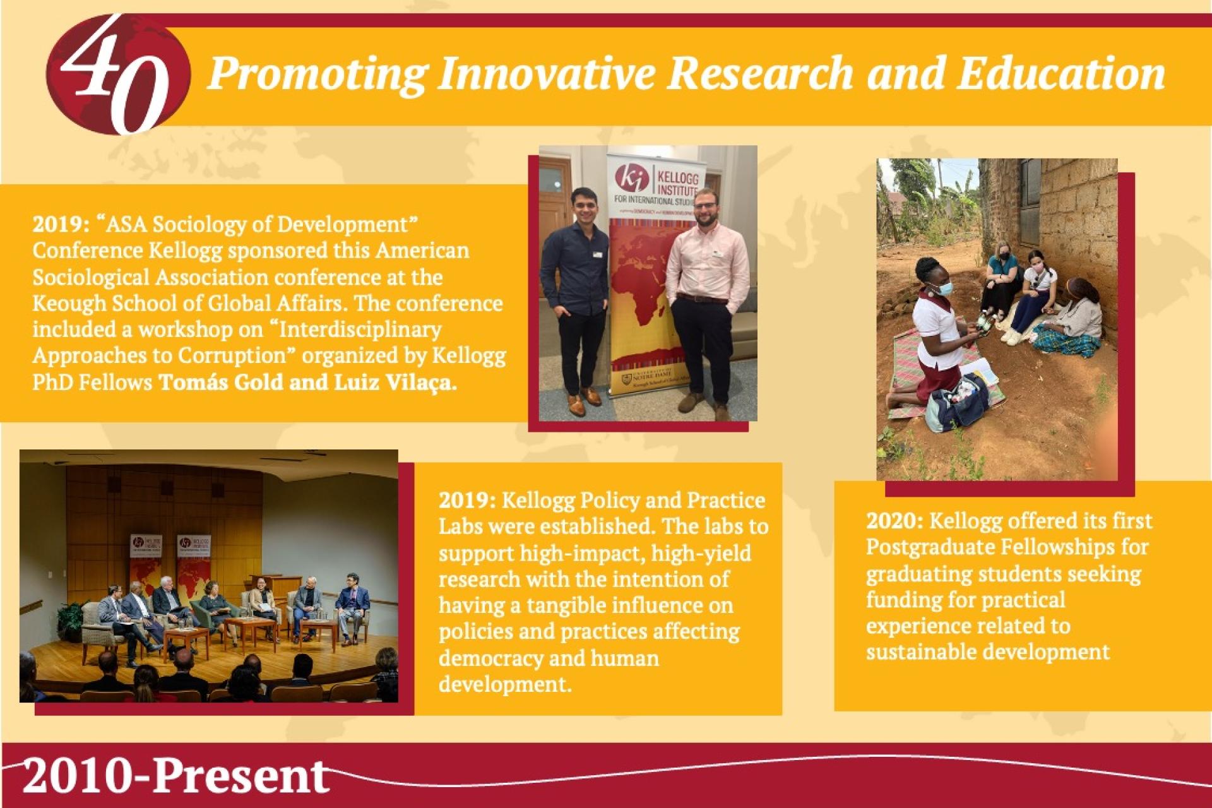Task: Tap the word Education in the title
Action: point(1060,73)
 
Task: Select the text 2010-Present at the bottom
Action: point(175,776)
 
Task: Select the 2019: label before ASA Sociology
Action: point(62,225)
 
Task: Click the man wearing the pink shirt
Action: point(707,303)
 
